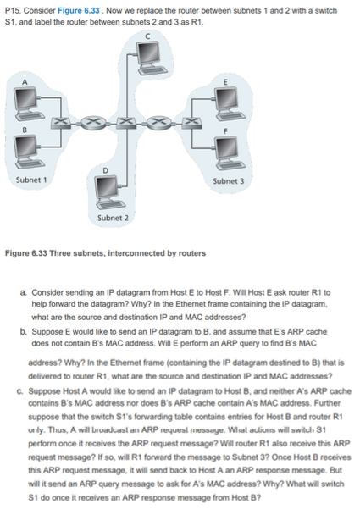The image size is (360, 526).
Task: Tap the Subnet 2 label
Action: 113,219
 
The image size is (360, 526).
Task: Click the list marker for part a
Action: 22,292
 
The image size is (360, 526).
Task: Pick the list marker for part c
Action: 22,390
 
